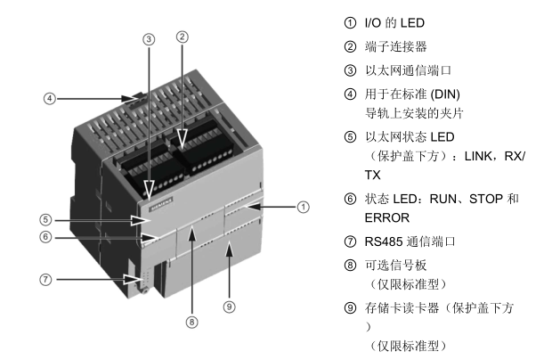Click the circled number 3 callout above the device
point(149,39)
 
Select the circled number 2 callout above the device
point(182,37)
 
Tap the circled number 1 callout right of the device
point(303,207)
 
